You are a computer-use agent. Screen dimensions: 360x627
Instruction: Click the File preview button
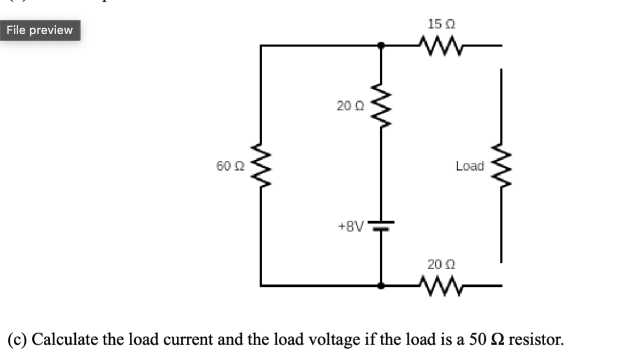(x=40, y=30)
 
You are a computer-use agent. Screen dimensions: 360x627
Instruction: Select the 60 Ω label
(x=231, y=166)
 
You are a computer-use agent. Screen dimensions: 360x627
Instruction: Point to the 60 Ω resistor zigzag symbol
(x=261, y=166)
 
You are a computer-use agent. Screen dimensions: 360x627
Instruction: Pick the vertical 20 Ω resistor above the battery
(x=381, y=106)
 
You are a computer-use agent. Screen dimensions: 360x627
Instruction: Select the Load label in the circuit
(x=470, y=166)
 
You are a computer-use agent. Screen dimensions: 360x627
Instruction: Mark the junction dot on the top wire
(x=381, y=46)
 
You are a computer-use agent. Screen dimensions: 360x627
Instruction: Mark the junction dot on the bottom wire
(x=381, y=286)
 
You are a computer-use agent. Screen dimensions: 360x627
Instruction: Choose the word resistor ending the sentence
(x=536, y=340)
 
